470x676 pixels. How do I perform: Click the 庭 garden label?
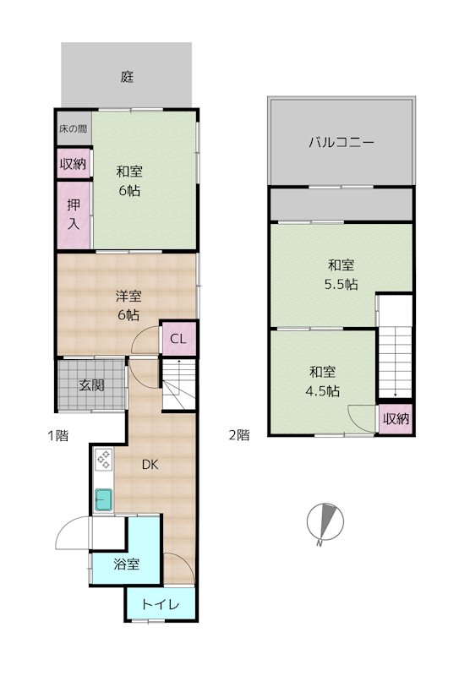tap(127, 77)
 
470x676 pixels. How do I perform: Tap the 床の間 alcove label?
tap(72, 129)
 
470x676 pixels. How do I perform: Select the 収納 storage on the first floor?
tap(73, 164)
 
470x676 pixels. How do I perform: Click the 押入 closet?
tap(74, 215)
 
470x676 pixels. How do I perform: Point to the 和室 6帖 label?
tap(129, 181)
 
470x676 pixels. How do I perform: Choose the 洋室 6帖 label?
tap(128, 305)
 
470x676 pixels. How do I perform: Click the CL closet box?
tap(178, 339)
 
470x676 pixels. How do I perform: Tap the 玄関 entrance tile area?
tap(91, 385)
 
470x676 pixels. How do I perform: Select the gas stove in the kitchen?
tap(103, 460)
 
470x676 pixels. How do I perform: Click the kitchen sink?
tap(103, 500)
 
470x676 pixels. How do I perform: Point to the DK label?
tap(150, 465)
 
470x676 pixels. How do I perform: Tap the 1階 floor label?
tap(57, 436)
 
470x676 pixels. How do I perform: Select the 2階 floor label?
tap(238, 436)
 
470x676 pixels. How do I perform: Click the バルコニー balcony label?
tap(341, 142)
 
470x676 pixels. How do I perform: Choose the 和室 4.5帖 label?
tap(323, 380)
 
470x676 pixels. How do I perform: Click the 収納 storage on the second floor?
tap(395, 418)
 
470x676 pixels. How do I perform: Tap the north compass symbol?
tap(325, 524)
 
